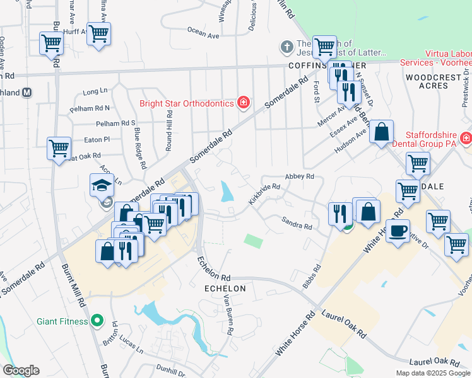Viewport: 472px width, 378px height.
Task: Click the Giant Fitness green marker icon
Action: point(97,321)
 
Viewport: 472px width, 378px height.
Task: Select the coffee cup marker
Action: point(398,231)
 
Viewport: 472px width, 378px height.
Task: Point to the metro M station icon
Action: point(27,92)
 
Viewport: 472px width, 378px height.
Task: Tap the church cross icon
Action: point(286,47)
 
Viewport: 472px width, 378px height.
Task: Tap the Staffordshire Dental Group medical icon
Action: point(466,137)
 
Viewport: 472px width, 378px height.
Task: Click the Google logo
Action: point(21,370)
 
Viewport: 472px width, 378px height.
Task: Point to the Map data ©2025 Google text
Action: point(433,373)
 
